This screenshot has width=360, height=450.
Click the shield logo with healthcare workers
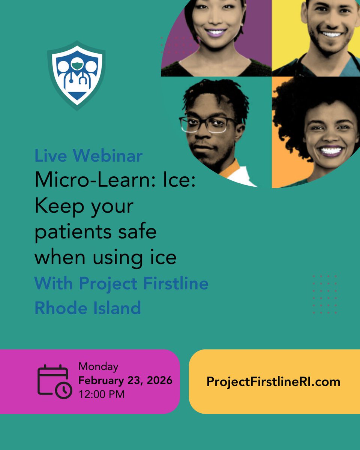[x=76, y=75]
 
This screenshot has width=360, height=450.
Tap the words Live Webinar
[x=88, y=156]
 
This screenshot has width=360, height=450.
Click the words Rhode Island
[x=88, y=308]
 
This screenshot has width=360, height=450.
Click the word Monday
[x=98, y=366]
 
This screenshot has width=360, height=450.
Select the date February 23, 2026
[x=125, y=380]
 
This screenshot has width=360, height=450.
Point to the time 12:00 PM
[x=101, y=394]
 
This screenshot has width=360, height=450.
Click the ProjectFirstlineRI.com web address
[x=273, y=382]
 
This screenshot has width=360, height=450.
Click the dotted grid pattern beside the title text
[x=324, y=294]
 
